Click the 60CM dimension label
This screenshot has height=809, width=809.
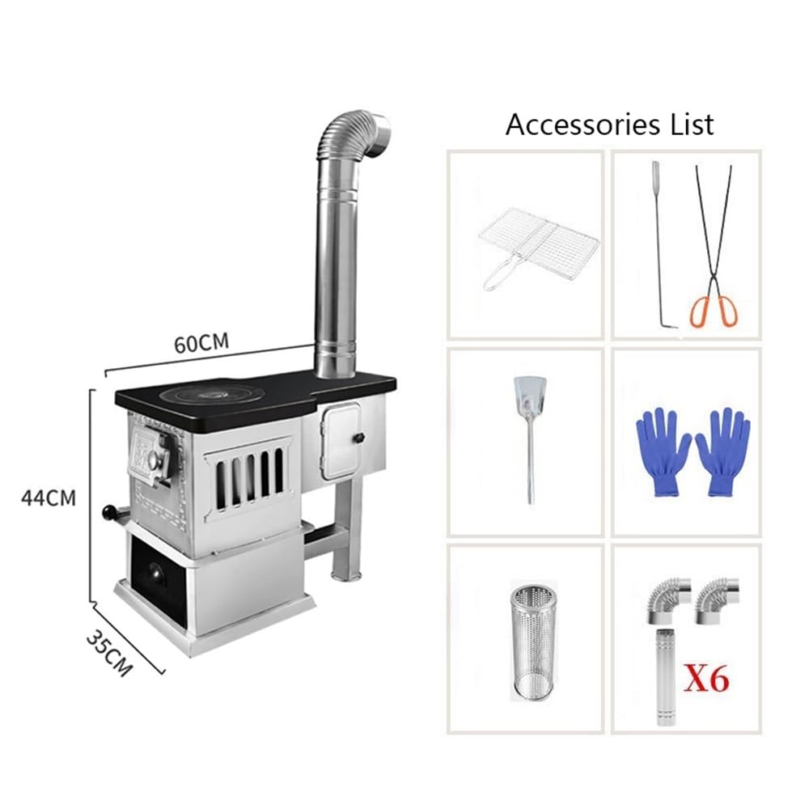[201, 343]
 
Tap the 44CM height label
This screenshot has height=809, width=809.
[49, 498]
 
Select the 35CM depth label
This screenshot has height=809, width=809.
[109, 653]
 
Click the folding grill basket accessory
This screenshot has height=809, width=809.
[538, 248]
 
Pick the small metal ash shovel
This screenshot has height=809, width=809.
[527, 438]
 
